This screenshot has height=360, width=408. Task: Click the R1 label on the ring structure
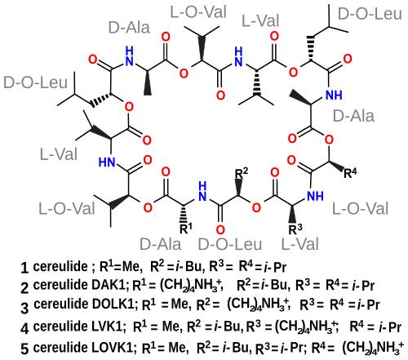[186, 228]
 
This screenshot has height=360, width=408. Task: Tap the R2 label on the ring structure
[242, 173]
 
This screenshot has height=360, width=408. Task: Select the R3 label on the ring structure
[295, 229]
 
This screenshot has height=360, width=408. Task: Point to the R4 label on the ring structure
[350, 172]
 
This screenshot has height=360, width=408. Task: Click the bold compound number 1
[24, 268]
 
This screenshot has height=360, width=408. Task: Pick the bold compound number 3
[24, 308]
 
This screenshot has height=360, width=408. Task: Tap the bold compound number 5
[24, 349]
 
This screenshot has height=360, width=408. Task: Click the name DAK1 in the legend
[109, 285]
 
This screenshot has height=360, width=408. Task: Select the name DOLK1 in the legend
[113, 304]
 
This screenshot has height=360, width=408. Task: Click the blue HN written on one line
[107, 162]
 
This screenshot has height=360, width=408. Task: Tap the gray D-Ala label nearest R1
[160, 244]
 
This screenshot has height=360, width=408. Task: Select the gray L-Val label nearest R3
[299, 244]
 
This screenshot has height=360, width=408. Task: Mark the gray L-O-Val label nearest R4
[361, 209]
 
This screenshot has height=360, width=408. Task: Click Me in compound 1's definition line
[131, 266]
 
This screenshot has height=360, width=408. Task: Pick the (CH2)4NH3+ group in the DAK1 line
[190, 286]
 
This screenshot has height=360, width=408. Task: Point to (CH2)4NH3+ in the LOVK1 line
[373, 349]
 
